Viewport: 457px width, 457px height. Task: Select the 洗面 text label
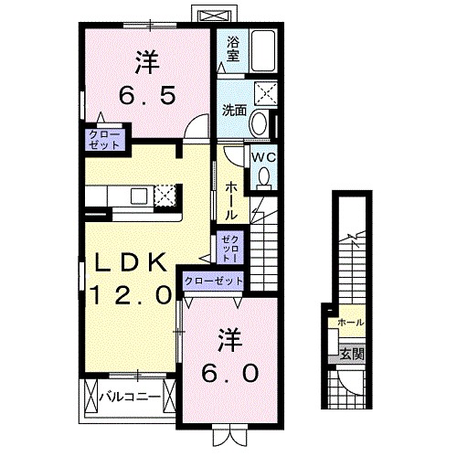pyautogui.click(x=234, y=110)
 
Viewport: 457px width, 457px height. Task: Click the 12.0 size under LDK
pyautogui.click(x=131, y=294)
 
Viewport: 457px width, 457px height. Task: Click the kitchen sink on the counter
pyautogui.click(x=139, y=195)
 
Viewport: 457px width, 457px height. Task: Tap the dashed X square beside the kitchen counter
pyautogui.click(x=165, y=196)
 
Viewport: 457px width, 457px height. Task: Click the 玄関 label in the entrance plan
pyautogui.click(x=350, y=353)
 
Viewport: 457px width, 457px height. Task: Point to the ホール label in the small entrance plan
pyautogui.click(x=350, y=323)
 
